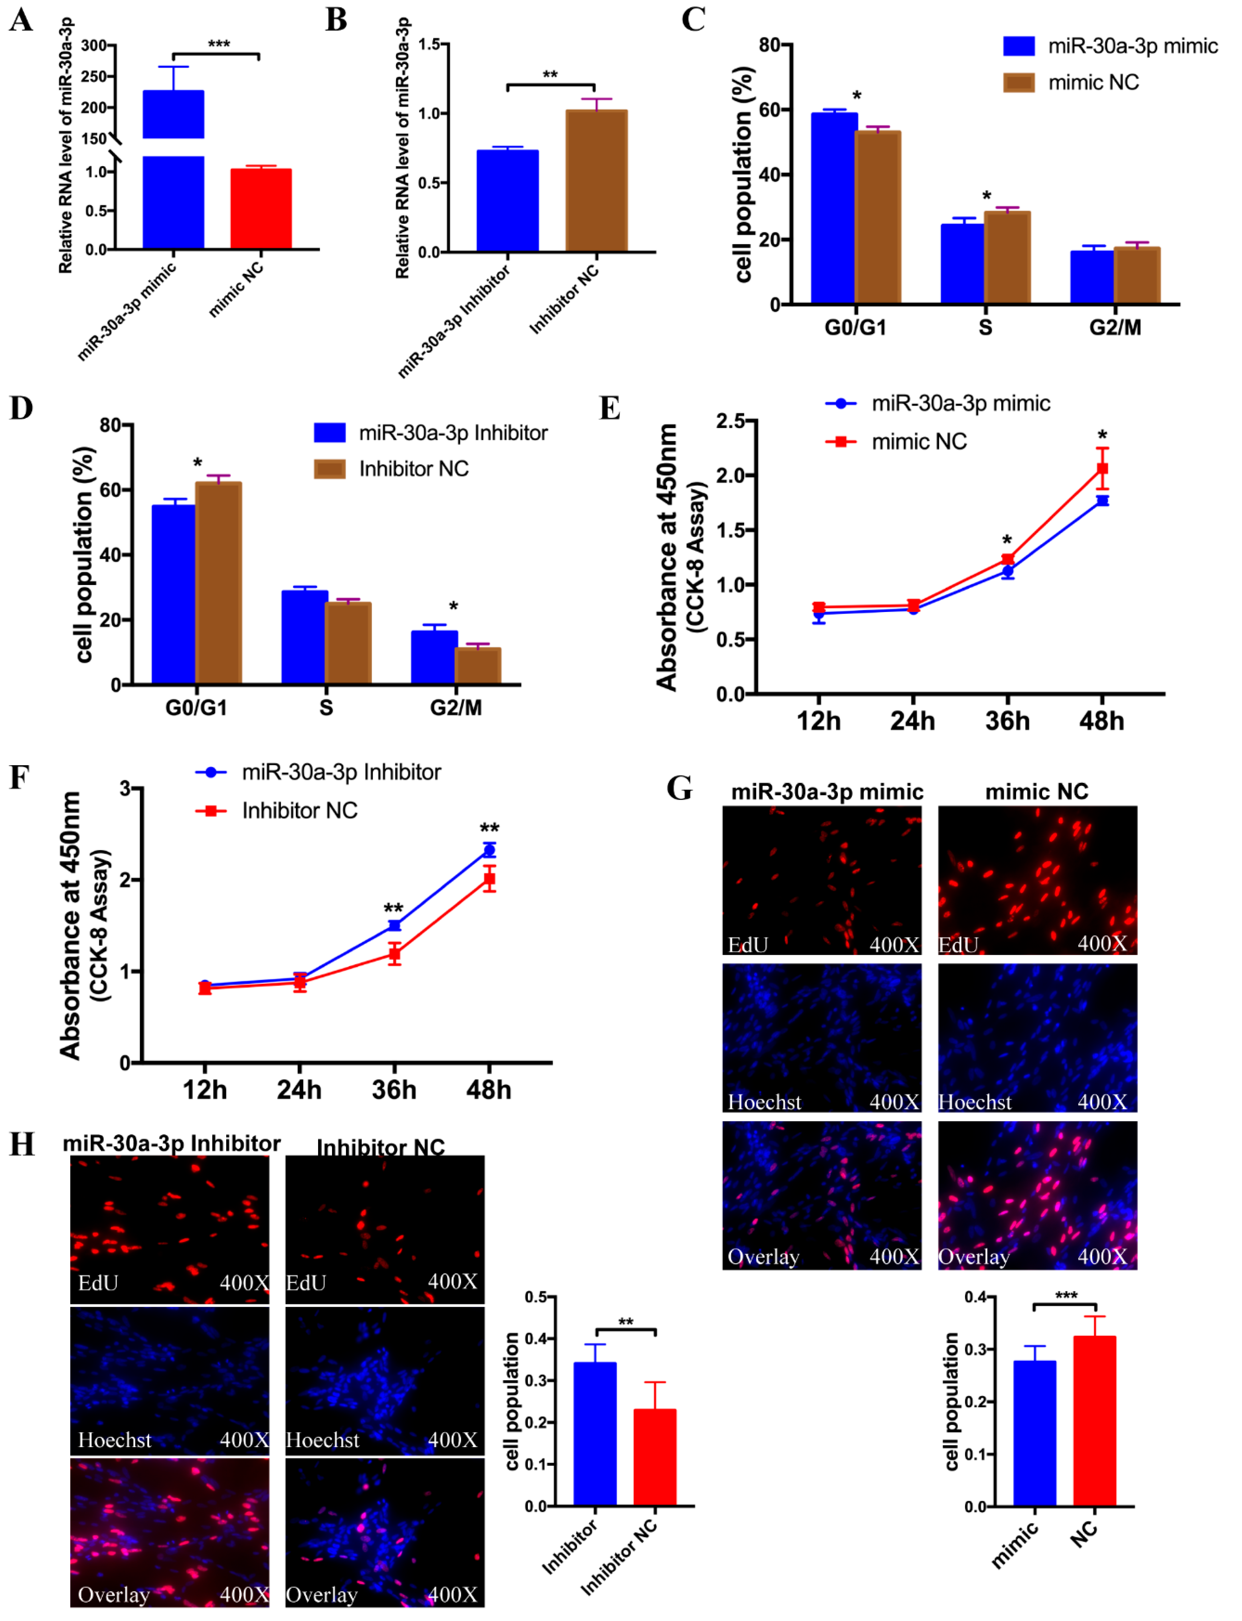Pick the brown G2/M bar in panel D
tap(477, 665)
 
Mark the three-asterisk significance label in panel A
tap(218, 44)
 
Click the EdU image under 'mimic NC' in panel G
tap(1037, 880)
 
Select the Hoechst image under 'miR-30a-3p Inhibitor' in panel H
tap(169, 1381)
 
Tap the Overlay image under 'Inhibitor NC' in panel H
tap(384, 1531)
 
